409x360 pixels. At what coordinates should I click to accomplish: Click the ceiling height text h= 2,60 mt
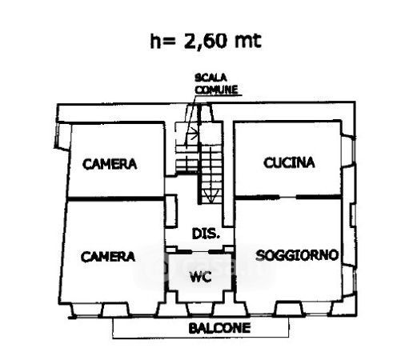pos(206,42)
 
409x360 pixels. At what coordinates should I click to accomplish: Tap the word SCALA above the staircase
pos(211,78)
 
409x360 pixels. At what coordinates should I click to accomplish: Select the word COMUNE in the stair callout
pos(216,90)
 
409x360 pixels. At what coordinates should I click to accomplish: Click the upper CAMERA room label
pos(110,164)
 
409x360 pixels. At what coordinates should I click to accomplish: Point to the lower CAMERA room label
pos(108,257)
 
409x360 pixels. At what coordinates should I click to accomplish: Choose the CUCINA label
pos(289,162)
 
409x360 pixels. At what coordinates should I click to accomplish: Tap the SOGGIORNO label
pos(297,255)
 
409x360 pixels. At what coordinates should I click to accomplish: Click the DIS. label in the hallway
pos(206,234)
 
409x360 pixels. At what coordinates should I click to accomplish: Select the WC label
pos(201,277)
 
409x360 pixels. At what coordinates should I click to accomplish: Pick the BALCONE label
pos(219,328)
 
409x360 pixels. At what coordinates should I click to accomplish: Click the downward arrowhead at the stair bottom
pos(211,199)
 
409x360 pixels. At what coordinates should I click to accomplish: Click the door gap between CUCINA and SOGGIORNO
pos(288,198)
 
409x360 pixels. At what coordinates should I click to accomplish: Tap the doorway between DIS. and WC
pos(200,252)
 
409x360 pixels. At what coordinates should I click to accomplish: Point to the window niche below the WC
pos(201,309)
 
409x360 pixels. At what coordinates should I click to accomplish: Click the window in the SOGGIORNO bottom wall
pos(290,309)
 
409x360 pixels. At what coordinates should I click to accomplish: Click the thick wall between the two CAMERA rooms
pos(115,198)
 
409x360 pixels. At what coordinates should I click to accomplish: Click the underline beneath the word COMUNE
pos(219,95)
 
